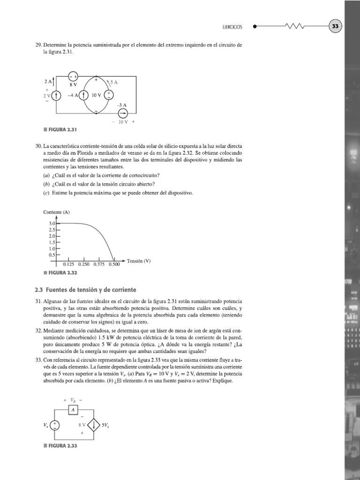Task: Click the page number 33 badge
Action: pyautogui.click(x=336, y=27)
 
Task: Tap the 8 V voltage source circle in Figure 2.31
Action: pyautogui.click(x=74, y=76)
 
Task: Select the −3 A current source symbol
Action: pyautogui.click(x=123, y=113)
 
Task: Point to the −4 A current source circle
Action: pyautogui.click(x=84, y=95)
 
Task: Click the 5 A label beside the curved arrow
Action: pyautogui.click(x=114, y=82)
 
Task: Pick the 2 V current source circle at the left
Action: pyautogui.click(x=56, y=96)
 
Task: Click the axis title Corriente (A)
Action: pyautogui.click(x=56, y=212)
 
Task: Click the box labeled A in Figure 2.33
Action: pyautogui.click(x=73, y=410)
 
